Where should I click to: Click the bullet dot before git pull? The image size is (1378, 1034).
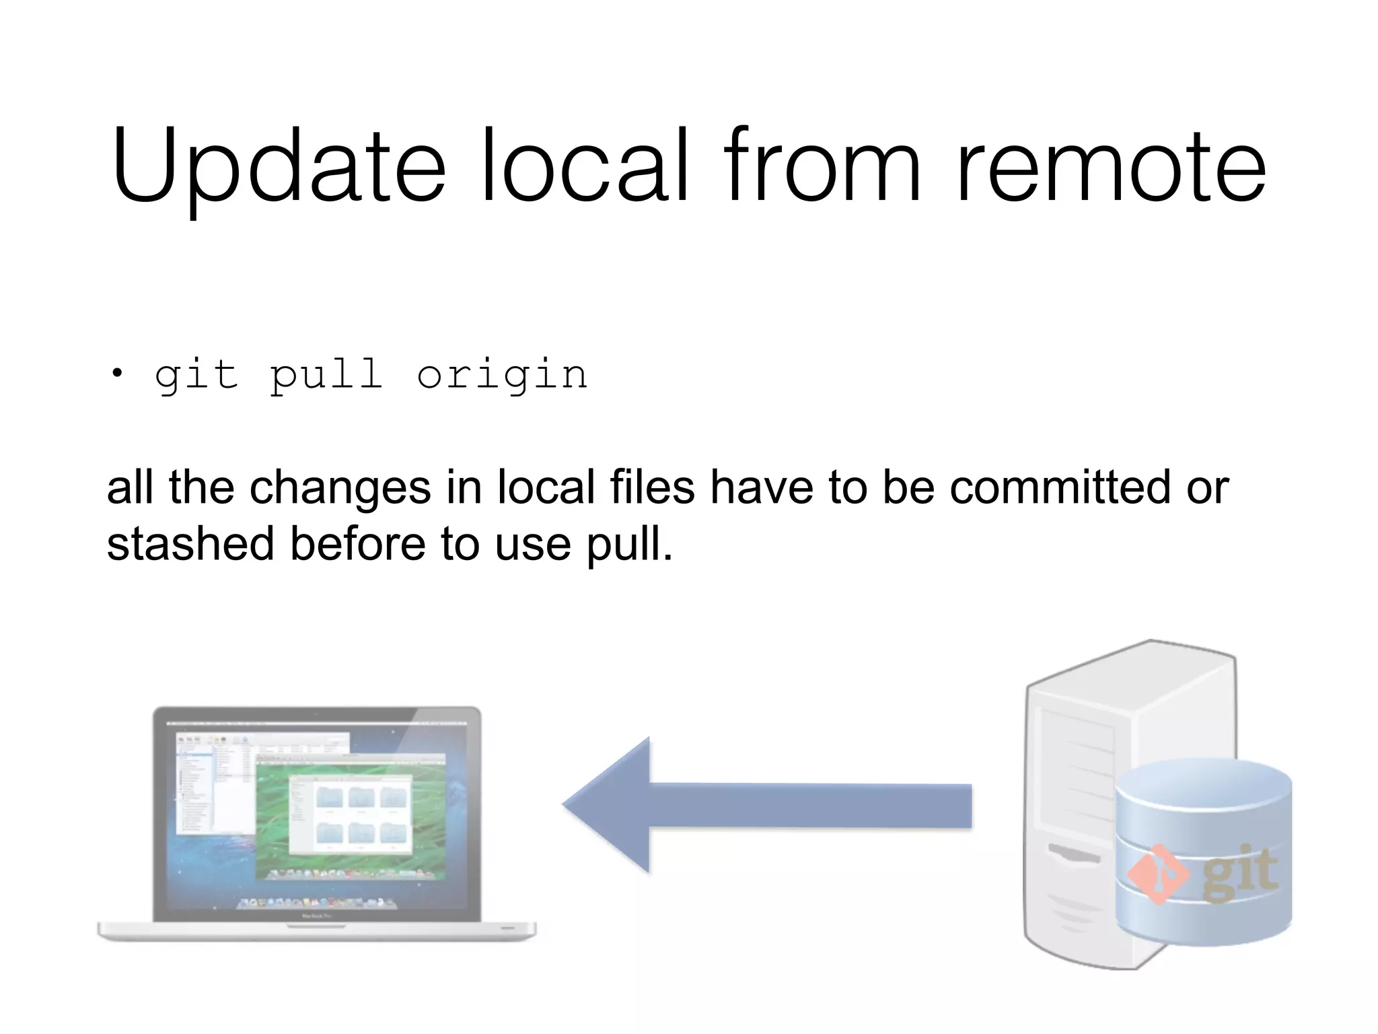click(x=118, y=374)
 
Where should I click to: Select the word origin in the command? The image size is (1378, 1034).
click(x=502, y=375)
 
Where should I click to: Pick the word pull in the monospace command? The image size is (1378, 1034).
click(x=326, y=375)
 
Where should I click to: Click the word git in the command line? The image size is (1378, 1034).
click(x=196, y=375)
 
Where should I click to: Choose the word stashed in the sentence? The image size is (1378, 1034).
click(x=190, y=543)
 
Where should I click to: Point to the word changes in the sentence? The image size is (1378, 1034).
click(x=340, y=487)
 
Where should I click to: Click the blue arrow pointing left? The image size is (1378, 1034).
click(x=766, y=805)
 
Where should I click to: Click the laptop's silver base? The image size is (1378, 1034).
click(x=317, y=932)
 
